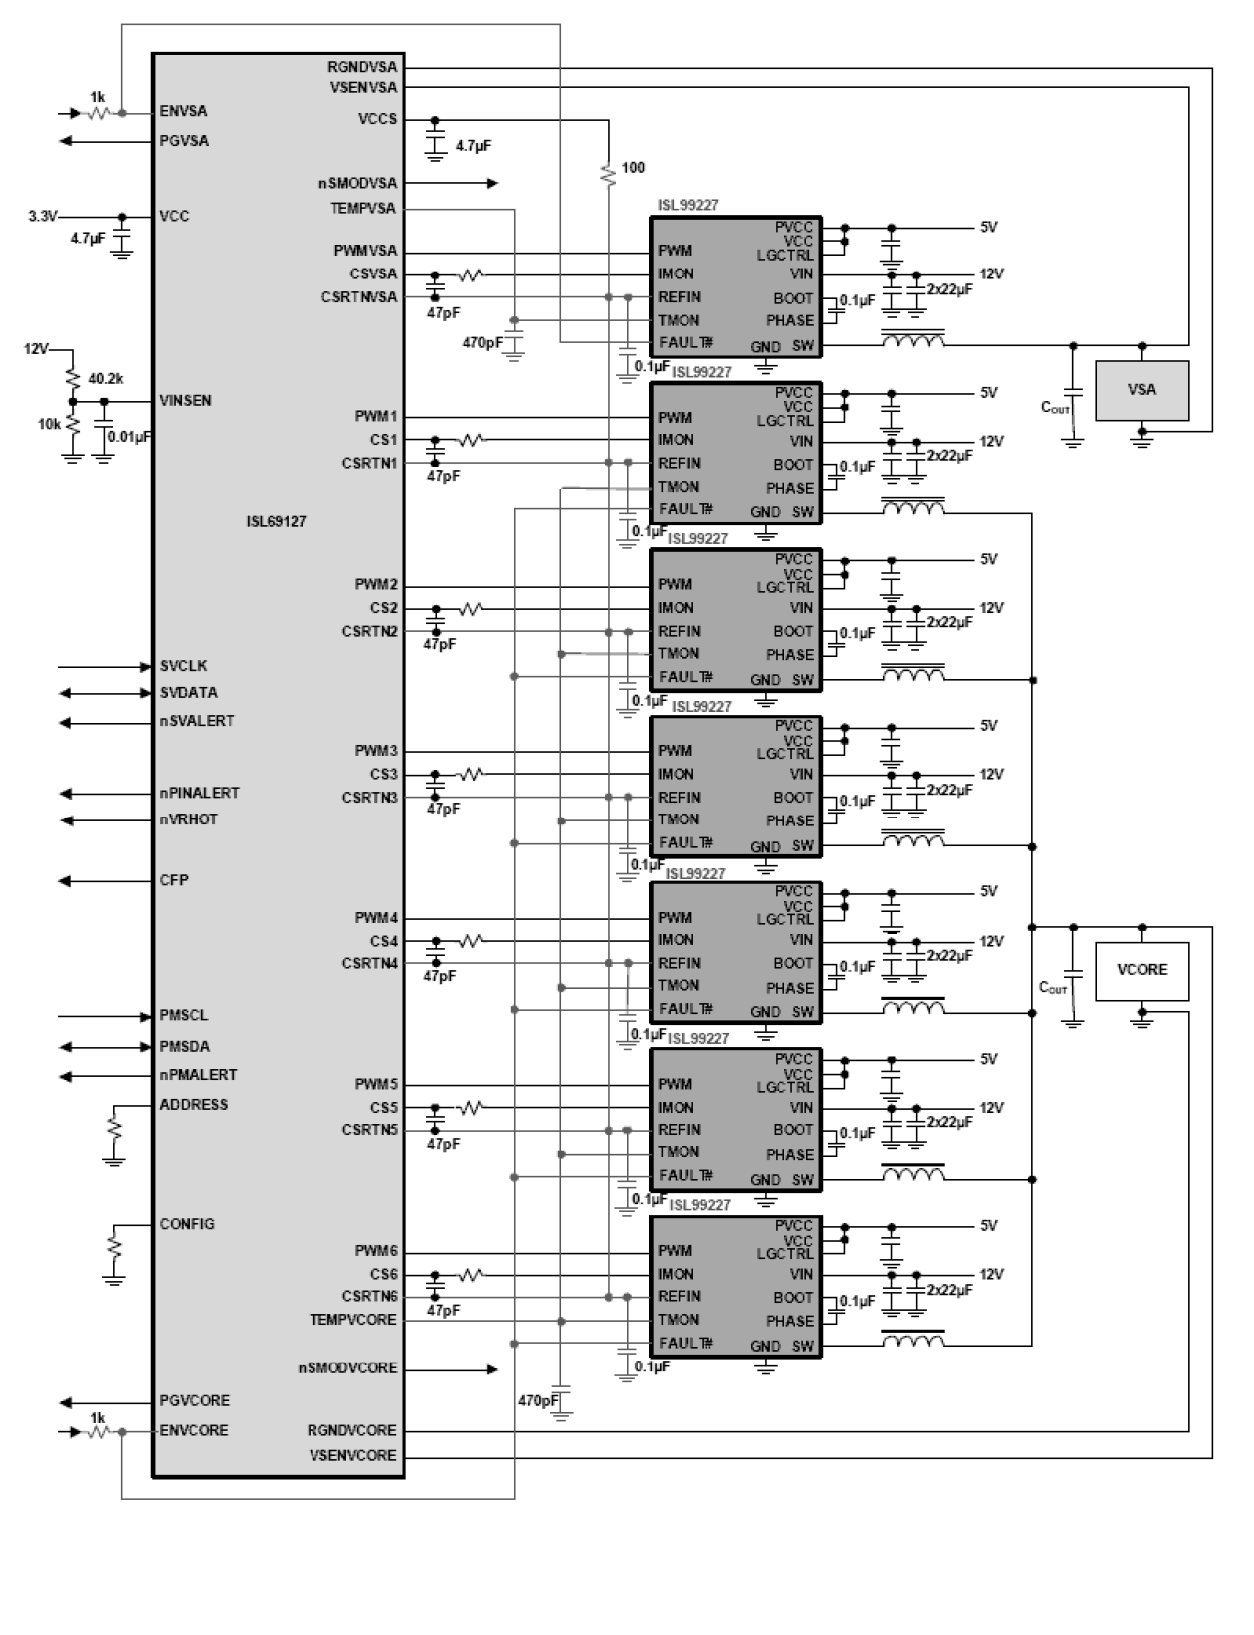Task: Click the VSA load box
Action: click(x=1142, y=390)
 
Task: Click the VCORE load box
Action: click(x=1142, y=970)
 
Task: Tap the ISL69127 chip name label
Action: click(x=277, y=522)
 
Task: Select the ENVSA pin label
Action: click(x=183, y=111)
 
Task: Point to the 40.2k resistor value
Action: click(x=106, y=379)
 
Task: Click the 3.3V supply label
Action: click(x=43, y=216)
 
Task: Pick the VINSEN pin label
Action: click(x=185, y=400)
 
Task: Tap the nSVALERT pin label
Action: click(x=197, y=721)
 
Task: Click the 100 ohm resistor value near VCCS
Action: click(x=633, y=168)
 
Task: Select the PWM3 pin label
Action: click(x=376, y=751)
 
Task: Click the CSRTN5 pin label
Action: click(x=370, y=1130)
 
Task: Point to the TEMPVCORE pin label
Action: click(x=353, y=1320)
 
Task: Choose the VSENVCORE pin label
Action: click(x=353, y=1455)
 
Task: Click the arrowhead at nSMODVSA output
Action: click(x=492, y=183)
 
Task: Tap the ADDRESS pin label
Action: click(x=194, y=1105)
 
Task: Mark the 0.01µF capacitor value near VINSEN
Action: click(x=131, y=436)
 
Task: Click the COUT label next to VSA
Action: click(x=1054, y=407)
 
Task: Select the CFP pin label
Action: click(x=174, y=881)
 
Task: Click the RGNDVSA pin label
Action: click(x=361, y=67)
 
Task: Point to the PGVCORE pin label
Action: click(x=194, y=1400)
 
